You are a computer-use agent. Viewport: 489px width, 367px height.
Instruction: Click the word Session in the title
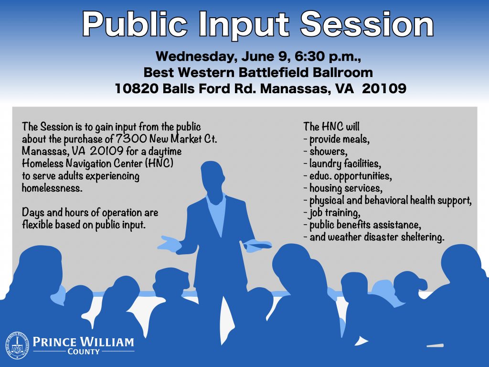click(x=367, y=24)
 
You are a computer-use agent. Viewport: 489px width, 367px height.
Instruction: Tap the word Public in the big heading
click(x=135, y=25)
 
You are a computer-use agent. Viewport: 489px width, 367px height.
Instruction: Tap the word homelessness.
click(x=52, y=188)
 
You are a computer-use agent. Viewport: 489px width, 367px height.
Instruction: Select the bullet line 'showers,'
click(x=325, y=151)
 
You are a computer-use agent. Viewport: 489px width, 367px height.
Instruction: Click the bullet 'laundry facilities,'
click(x=342, y=163)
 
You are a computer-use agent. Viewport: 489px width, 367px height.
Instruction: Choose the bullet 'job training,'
click(x=332, y=213)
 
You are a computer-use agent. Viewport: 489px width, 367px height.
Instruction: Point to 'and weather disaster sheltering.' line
click(x=374, y=237)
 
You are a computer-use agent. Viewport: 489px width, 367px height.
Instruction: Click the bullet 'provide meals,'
click(x=337, y=139)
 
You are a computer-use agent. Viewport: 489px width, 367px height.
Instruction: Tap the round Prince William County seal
click(x=17, y=345)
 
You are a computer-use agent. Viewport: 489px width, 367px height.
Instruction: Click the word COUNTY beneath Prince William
click(x=84, y=352)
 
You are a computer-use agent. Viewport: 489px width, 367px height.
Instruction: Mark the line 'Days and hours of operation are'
click(x=90, y=213)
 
